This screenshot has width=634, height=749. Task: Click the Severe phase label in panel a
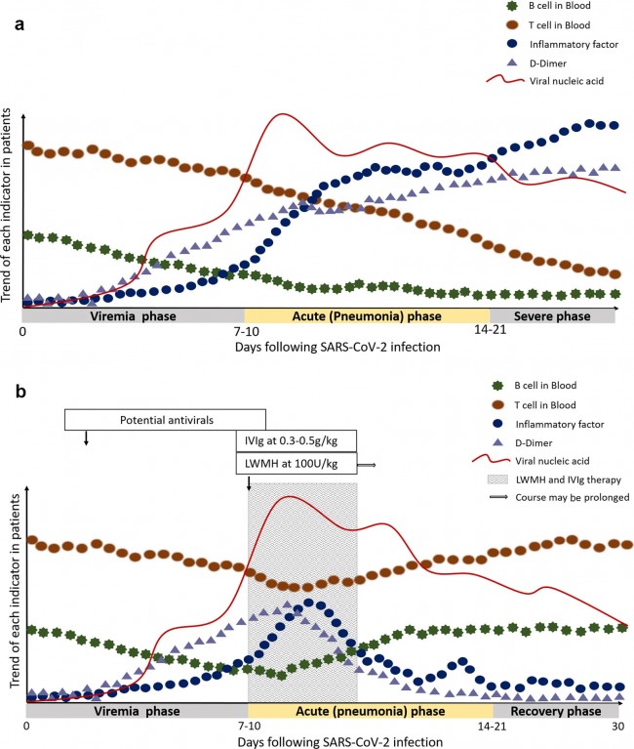pos(552,316)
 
